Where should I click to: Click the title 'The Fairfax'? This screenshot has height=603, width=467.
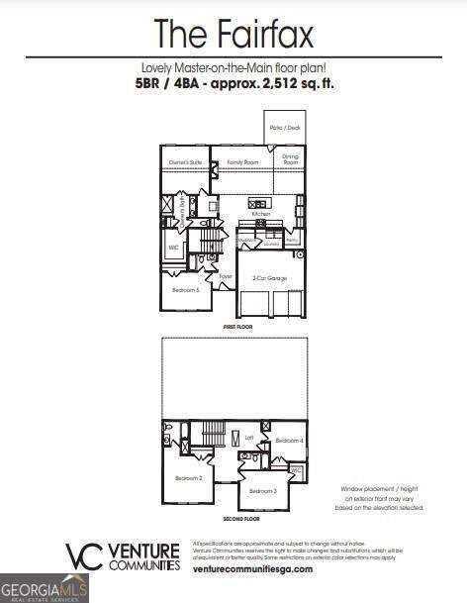pos(233,35)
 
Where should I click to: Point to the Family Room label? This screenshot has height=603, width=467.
pos(242,161)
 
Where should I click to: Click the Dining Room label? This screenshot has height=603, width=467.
pos(290,158)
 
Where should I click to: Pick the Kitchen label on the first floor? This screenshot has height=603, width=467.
pos(261,214)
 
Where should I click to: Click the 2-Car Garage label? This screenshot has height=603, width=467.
pos(269,278)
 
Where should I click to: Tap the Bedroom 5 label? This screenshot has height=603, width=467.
pos(185,290)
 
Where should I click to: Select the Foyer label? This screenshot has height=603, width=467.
pos(226,276)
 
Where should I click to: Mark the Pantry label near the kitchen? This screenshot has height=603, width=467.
pos(292,241)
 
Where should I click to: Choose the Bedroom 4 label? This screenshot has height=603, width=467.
pos(288,440)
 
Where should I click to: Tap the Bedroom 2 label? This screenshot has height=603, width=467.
pos(188,478)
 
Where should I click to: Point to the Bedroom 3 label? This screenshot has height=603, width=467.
pos(262,491)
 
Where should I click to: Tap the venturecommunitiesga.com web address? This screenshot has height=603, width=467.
pos(252,569)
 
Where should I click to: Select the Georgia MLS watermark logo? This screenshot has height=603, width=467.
pos(45,588)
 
